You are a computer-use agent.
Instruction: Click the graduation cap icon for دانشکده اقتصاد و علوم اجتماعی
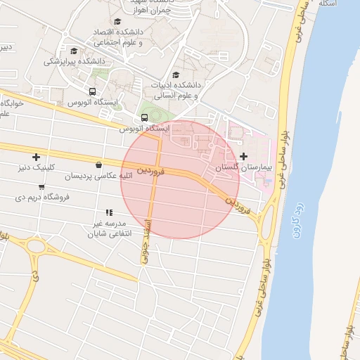(x=117, y=22)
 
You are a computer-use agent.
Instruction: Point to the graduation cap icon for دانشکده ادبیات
(x=175, y=75)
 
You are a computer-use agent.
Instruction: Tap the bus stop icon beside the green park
(x=144, y=117)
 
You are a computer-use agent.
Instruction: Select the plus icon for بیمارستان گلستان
(x=244, y=156)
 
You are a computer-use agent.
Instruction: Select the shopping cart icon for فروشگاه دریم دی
(x=42, y=186)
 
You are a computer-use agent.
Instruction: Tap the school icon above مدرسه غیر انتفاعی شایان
(x=109, y=212)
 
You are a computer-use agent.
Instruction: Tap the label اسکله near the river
(x=328, y=4)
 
